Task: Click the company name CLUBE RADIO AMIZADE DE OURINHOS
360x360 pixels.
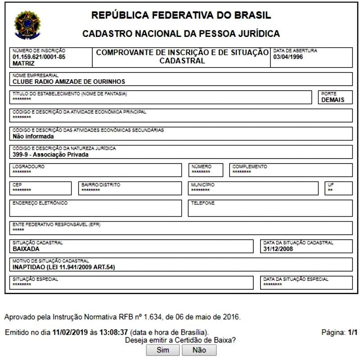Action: pyautogui.click(x=69, y=82)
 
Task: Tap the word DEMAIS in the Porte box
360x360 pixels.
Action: pyautogui.click(x=333, y=100)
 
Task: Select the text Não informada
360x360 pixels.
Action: pyautogui.click(x=33, y=136)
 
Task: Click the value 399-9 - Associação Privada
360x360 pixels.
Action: pyautogui.click(x=50, y=155)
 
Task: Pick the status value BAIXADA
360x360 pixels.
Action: pyautogui.click(x=27, y=248)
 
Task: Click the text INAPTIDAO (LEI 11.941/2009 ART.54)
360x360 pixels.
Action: pyautogui.click(x=64, y=267)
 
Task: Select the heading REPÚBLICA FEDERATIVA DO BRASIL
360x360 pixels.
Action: pyautogui.click(x=181, y=16)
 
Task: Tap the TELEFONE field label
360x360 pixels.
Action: pyautogui.click(x=203, y=203)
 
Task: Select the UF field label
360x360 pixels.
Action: pyautogui.click(x=332, y=184)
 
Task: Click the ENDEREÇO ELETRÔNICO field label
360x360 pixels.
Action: pyautogui.click(x=40, y=203)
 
